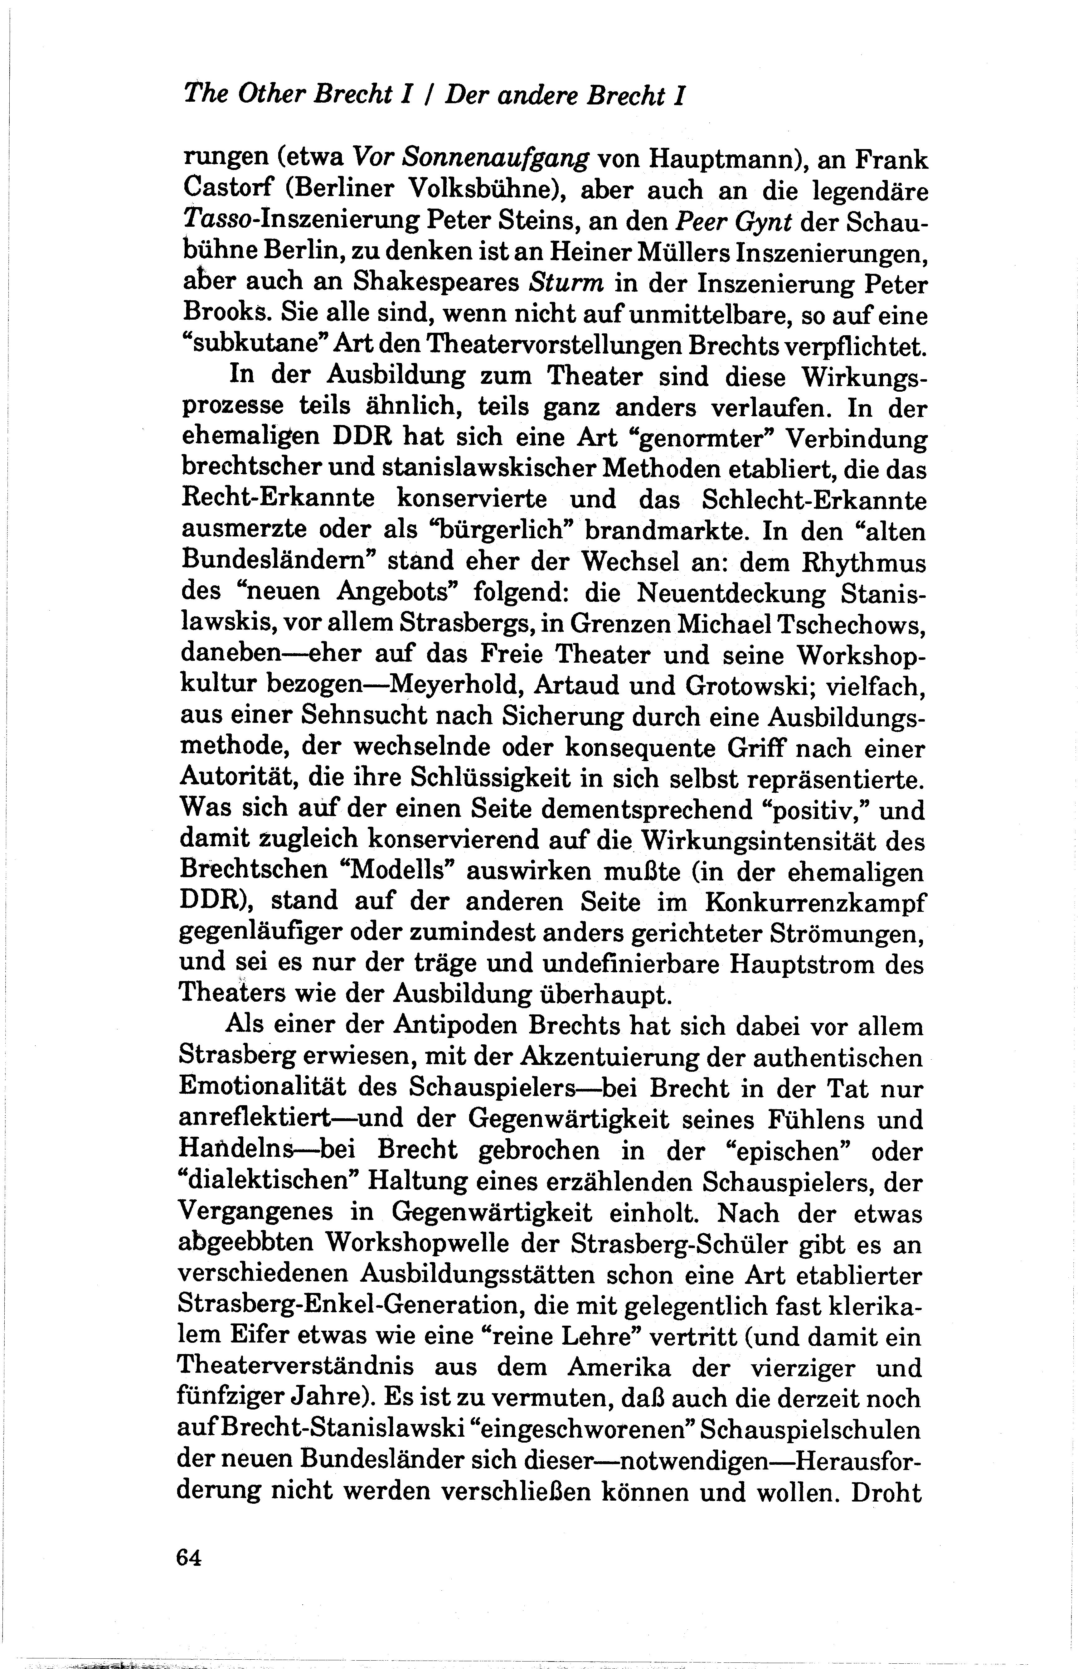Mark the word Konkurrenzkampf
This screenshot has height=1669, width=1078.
click(x=815, y=903)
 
